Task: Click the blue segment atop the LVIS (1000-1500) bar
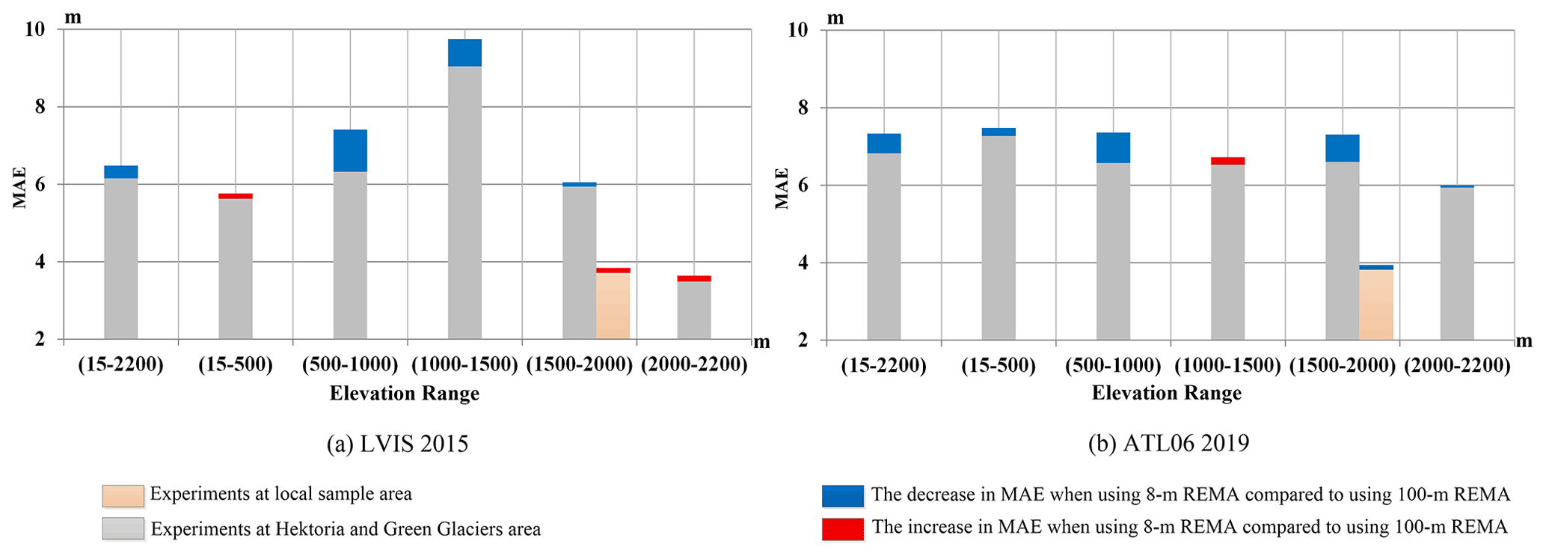[x=464, y=52]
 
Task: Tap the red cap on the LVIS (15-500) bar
[x=236, y=196]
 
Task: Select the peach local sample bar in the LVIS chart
[x=613, y=305]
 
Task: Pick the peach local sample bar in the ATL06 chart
[x=1375, y=304]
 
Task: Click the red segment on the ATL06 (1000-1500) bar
[x=1227, y=161]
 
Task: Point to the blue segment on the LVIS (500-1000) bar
[x=350, y=150]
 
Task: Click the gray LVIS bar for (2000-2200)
[x=694, y=310]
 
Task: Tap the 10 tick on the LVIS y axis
[x=35, y=29]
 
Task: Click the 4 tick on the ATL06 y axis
[x=798, y=263]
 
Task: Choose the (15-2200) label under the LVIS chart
[x=120, y=365]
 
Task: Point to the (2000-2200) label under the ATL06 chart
[x=1456, y=366]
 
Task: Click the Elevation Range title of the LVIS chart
[x=404, y=394]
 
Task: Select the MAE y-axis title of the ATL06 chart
[x=782, y=188]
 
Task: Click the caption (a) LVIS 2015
[x=397, y=444]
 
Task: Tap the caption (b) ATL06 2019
[x=1168, y=443]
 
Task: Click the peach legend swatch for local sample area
[x=123, y=495]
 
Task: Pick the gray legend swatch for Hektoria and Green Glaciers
[x=123, y=528]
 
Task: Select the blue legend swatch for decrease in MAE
[x=842, y=495]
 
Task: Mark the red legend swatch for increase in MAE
[x=842, y=528]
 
